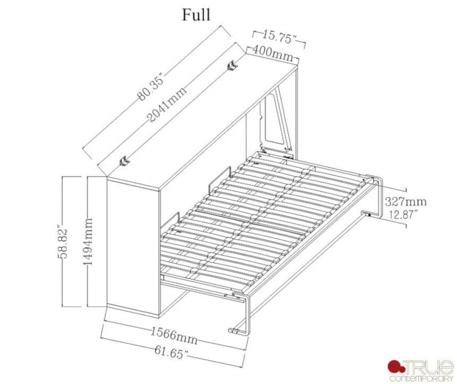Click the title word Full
click(x=196, y=15)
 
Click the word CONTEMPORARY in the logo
click(x=421, y=377)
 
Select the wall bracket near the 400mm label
click(x=233, y=66)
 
